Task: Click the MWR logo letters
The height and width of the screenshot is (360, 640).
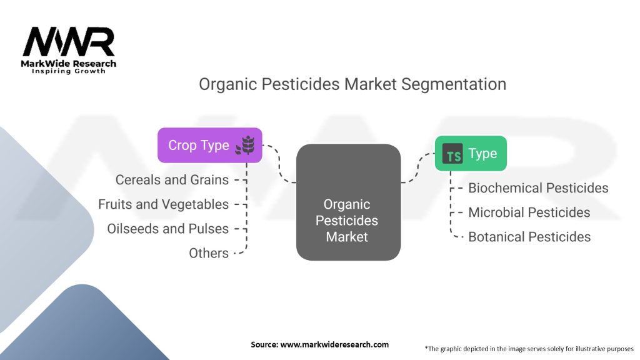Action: (x=69, y=42)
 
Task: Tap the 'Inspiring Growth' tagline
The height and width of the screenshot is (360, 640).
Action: (x=69, y=71)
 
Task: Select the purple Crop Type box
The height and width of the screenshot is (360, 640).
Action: (x=209, y=145)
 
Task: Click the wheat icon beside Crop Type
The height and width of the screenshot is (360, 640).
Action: (x=245, y=146)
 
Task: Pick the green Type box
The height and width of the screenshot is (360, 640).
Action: (x=471, y=154)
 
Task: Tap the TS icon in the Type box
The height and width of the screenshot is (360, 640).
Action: (x=452, y=154)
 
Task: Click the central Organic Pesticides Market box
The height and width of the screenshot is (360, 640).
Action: (x=348, y=202)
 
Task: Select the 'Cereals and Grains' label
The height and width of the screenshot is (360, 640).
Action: (x=172, y=180)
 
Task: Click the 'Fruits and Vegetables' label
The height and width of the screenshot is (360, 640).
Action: (x=163, y=204)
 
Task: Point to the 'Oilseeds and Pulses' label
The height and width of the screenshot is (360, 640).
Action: (x=167, y=229)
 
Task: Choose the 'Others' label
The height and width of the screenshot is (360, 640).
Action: (x=209, y=253)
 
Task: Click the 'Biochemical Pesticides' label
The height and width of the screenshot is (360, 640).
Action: (x=538, y=187)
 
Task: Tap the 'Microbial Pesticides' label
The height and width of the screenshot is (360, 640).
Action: (x=529, y=212)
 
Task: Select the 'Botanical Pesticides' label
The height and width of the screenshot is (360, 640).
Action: (x=529, y=237)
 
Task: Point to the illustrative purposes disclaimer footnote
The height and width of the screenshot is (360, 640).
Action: (x=529, y=348)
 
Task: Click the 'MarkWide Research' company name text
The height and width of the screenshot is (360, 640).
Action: (x=69, y=63)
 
